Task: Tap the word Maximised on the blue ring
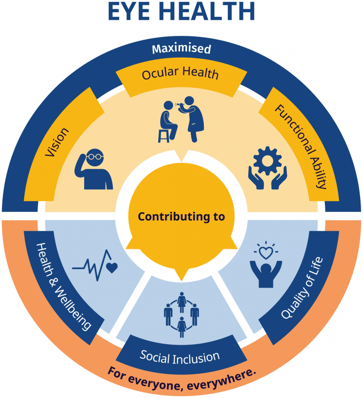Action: pos(181,49)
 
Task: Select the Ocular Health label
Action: pos(180,74)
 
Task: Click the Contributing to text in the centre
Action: pos(181,217)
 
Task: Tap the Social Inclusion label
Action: pos(180,357)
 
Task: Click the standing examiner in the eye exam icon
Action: pos(193,119)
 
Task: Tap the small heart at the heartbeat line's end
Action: pos(111,268)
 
